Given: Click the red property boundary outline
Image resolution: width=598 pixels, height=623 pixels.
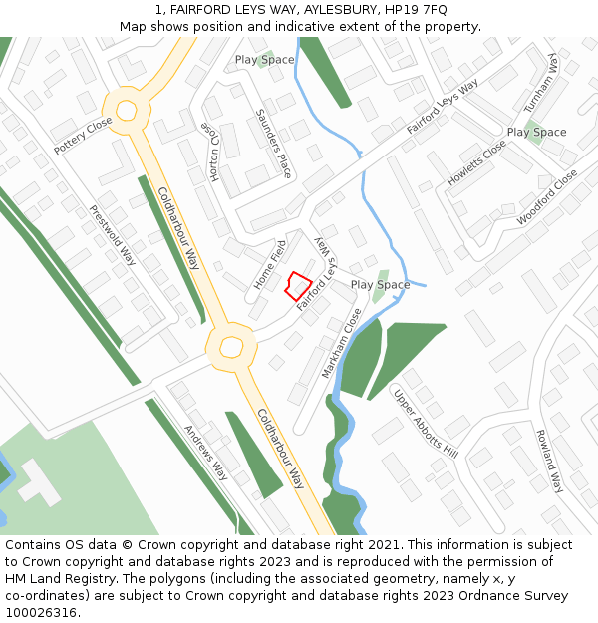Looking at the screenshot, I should pos(297,285).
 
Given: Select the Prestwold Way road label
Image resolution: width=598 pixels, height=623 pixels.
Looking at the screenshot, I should pos(113,235).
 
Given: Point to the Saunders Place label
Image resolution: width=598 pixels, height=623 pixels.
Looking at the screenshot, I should pos(273,144).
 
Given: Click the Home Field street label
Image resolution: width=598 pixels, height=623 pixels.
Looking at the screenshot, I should pos(269,266).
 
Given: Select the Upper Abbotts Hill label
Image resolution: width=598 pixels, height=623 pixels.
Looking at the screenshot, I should pos(425,423).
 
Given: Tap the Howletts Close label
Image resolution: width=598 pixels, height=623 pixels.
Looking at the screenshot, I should pos(476,163).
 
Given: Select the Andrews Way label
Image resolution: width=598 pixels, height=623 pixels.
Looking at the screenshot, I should pos(205,453).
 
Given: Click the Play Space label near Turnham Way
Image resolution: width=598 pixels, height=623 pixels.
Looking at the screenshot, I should pos(536,132).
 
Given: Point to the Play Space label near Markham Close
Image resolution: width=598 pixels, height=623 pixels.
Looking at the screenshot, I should pos(380,285).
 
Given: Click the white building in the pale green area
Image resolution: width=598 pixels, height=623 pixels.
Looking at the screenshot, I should pos(38,481).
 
